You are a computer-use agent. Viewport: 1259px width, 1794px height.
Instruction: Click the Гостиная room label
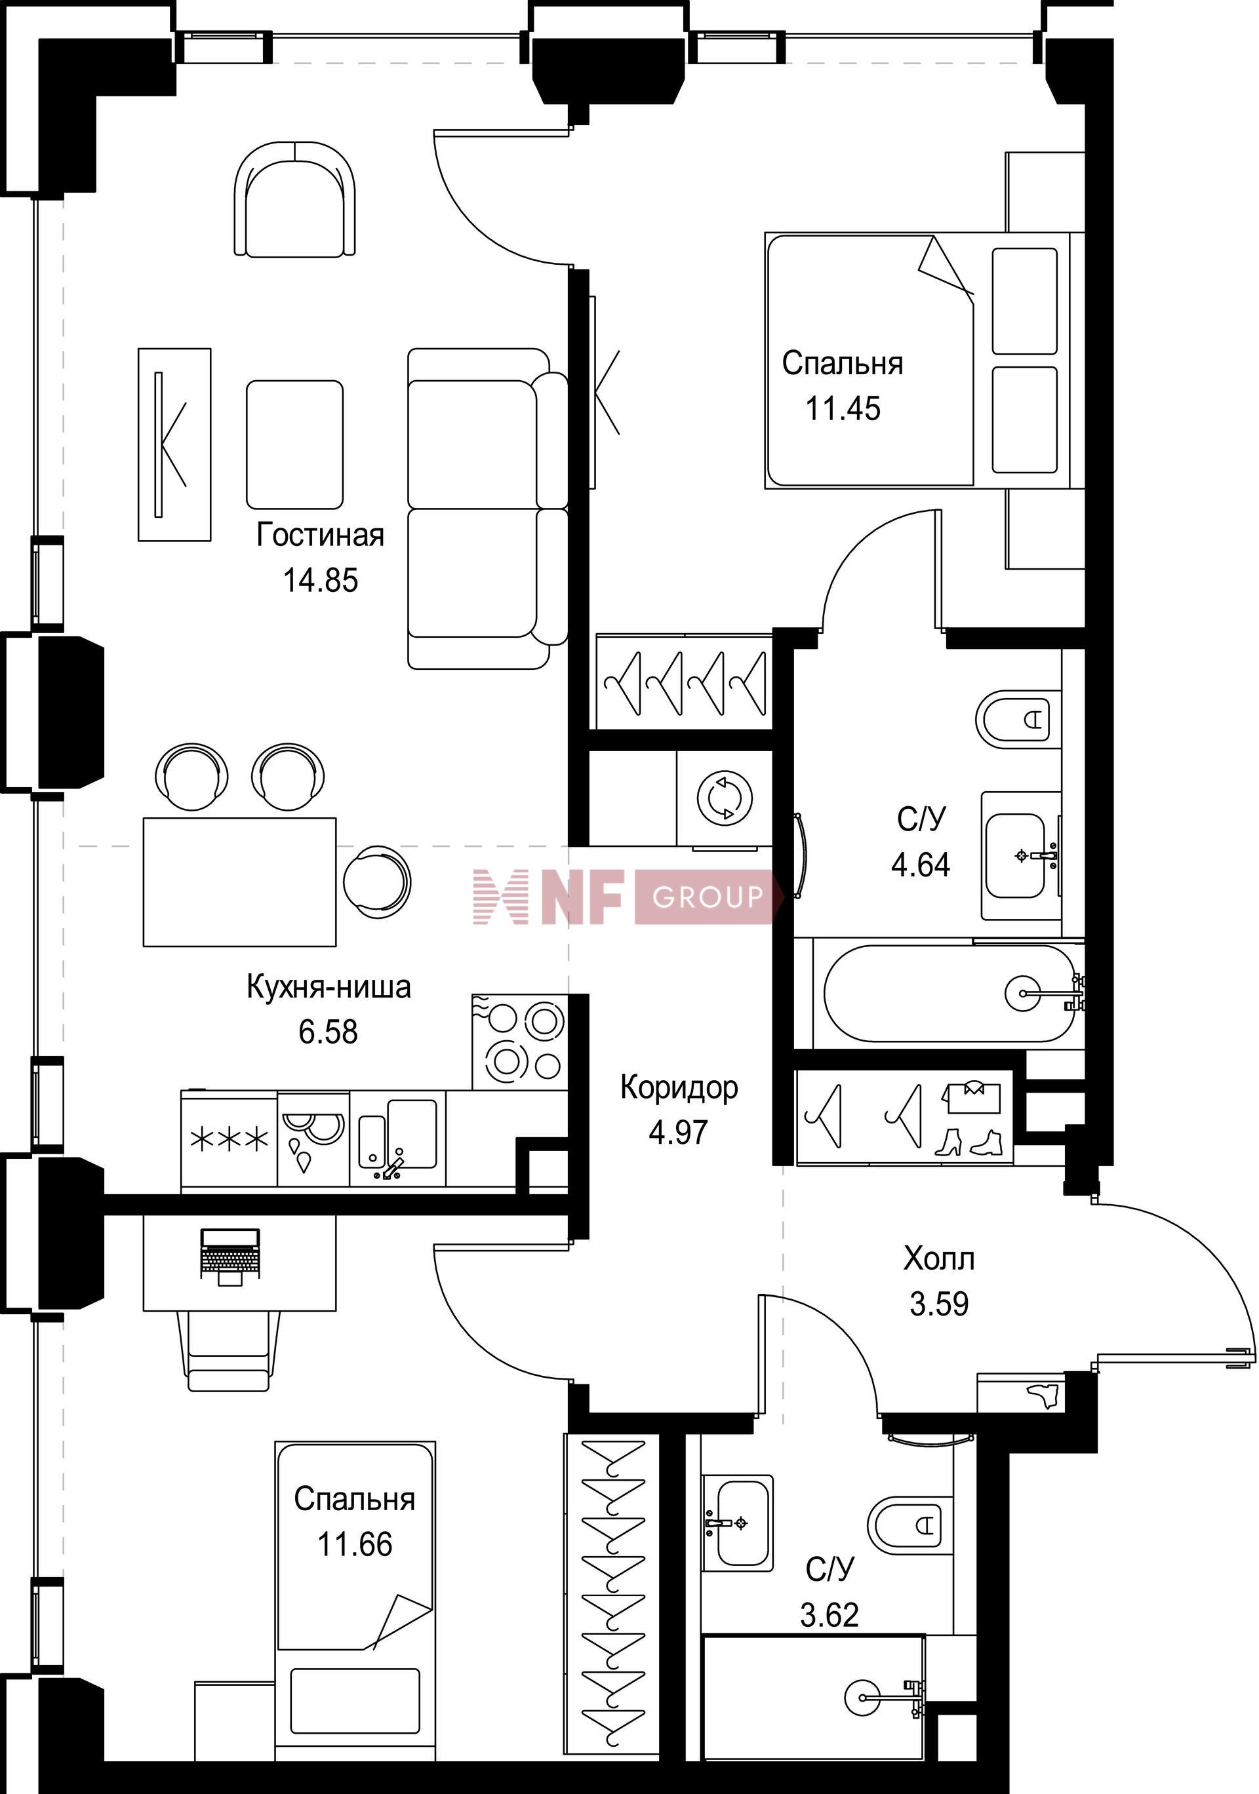[321, 536]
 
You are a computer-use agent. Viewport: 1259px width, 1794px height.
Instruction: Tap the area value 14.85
[321, 581]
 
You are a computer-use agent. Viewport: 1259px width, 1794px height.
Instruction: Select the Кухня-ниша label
[329, 987]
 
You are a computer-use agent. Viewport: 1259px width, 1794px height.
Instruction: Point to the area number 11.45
[843, 408]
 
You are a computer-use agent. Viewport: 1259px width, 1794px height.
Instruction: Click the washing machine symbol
[725, 798]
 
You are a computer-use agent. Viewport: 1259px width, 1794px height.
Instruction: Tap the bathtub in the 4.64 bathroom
[949, 993]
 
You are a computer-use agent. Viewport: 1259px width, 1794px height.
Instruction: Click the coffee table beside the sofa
[294, 444]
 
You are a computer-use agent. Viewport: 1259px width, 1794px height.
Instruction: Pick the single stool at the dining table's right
[376, 882]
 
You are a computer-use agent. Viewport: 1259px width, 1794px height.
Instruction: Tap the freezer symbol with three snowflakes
[230, 1140]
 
